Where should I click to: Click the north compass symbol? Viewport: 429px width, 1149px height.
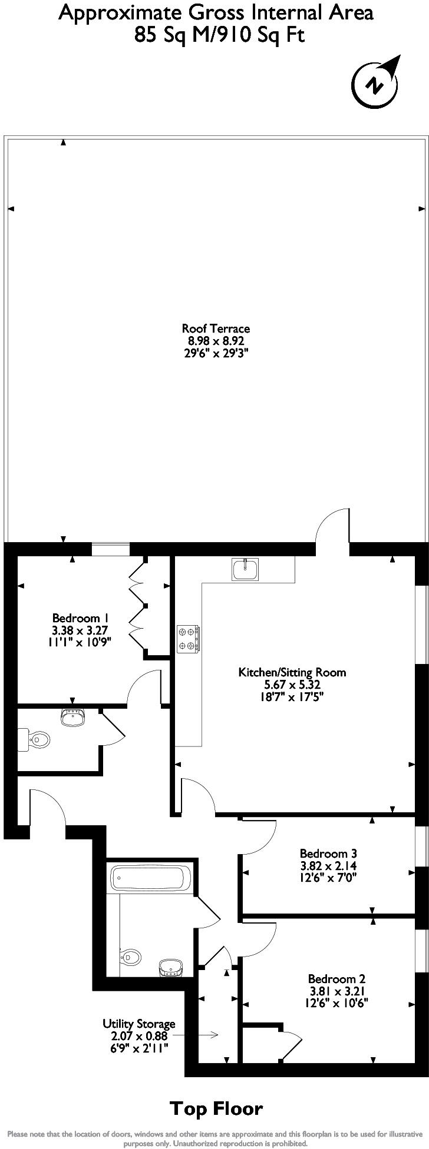point(375,84)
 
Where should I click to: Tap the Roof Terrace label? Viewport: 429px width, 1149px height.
point(216,329)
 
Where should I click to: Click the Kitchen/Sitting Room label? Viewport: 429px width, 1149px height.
point(292,672)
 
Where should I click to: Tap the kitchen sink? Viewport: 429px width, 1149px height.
point(245,569)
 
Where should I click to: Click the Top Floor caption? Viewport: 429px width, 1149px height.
point(216,1109)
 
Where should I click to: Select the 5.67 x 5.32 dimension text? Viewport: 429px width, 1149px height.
point(292,685)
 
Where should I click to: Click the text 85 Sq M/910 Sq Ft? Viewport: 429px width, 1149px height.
point(219,35)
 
